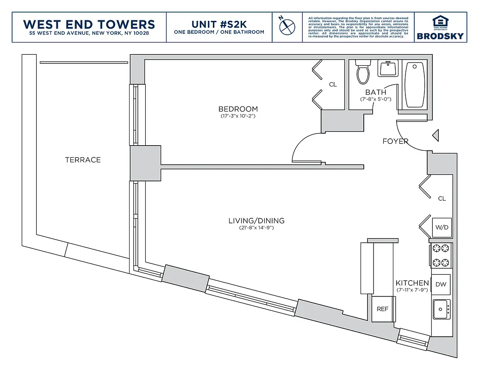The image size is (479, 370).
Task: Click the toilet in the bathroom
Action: coord(362,73)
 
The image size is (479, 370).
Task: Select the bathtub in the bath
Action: coord(415,85)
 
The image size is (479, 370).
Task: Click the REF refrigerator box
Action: coord(382,309)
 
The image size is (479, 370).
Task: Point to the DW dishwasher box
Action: coord(441,284)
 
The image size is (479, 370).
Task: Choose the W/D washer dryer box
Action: coord(442,228)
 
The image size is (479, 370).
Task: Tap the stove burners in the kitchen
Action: coord(441,256)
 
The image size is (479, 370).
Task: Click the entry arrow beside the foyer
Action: coord(435,135)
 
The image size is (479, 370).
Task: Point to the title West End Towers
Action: coord(89,24)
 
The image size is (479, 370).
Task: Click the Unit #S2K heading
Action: coord(219,24)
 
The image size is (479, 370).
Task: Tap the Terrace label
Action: coord(83,160)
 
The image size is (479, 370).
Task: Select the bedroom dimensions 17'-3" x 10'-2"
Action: coord(238,116)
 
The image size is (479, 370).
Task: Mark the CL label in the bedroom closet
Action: coord(333,85)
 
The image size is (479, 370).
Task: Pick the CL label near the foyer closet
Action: coord(442,198)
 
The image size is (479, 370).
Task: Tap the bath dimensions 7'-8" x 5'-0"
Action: coord(376,99)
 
